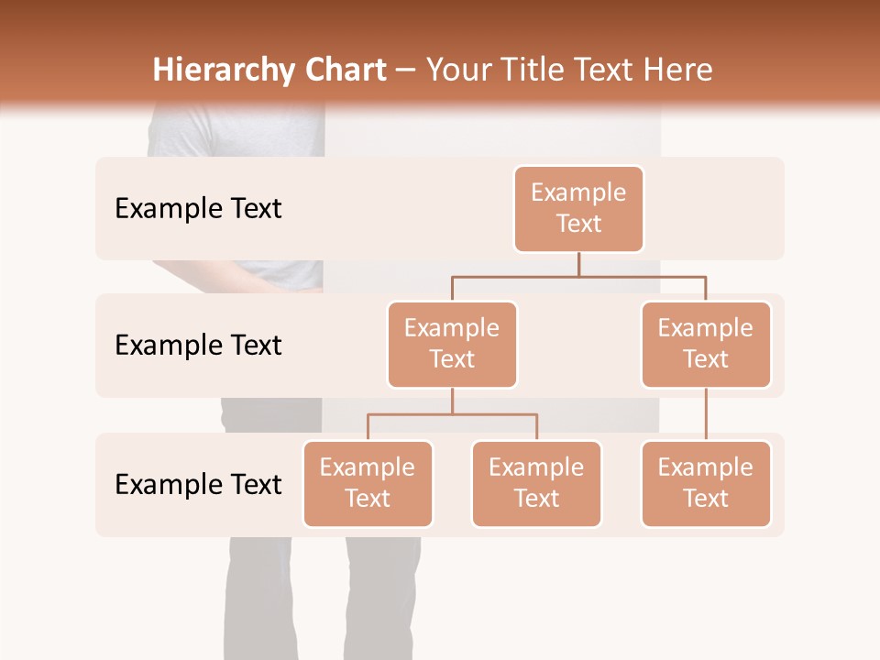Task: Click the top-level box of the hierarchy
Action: pos(578,209)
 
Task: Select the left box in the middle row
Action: pos(452,345)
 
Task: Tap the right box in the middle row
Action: pos(706,345)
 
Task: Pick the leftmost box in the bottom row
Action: pos(368,484)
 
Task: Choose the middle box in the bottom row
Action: pos(536,484)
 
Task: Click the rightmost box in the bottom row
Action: pos(706,484)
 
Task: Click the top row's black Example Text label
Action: pos(198,209)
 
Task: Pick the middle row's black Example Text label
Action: pos(198,346)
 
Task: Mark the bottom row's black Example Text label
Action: pos(198,485)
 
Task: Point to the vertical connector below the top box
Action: pos(578,264)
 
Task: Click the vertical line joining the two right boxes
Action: pos(706,414)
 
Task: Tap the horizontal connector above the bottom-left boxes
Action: pos(452,414)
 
